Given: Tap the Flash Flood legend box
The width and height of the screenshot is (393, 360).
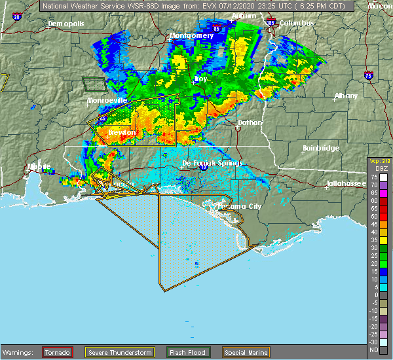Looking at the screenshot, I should (188, 352).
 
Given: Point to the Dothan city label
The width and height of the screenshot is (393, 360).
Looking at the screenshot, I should (250, 122).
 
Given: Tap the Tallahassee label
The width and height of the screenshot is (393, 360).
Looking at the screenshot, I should (348, 184).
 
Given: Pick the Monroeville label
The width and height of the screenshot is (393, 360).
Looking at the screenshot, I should (105, 101).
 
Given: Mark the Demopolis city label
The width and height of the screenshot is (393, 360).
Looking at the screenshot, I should (66, 24).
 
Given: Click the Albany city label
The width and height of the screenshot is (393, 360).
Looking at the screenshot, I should (346, 96).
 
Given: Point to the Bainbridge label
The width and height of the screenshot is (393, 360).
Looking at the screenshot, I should (321, 149).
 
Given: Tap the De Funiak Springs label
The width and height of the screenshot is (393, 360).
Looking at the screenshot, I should (212, 163).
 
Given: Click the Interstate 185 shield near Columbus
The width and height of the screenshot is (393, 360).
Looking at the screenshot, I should (271, 23).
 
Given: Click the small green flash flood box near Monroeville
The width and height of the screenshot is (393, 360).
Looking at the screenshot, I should (94, 84).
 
